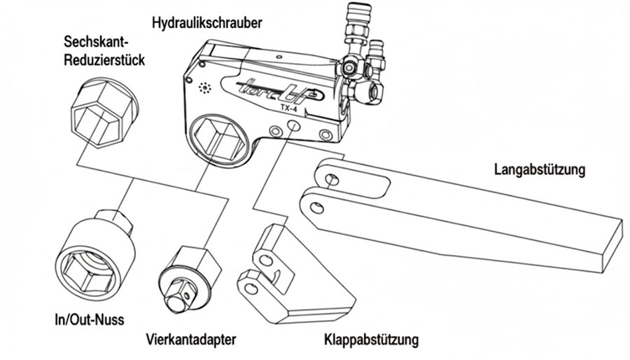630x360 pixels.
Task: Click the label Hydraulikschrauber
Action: click(206, 22)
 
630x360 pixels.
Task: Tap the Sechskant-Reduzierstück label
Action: click(104, 51)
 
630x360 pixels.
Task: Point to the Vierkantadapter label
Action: click(191, 340)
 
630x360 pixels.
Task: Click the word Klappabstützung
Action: click(371, 341)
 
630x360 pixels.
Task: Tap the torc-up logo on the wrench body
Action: click(272, 92)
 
